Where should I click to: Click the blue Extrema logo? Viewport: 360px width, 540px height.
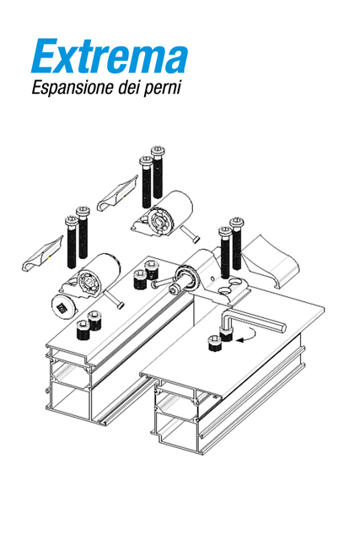coord(110,56)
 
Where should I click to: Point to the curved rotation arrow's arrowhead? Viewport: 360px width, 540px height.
coord(239,340)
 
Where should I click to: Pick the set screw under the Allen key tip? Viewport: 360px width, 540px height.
coord(226,334)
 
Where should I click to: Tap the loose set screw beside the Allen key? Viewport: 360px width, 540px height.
coord(214,344)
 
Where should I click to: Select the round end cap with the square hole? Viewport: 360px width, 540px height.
coord(63,307)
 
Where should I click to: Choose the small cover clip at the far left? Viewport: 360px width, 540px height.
coord(43,254)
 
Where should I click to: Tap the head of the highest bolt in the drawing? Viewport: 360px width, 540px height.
coord(157,151)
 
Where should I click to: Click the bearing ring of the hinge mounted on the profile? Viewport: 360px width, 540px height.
coord(186,278)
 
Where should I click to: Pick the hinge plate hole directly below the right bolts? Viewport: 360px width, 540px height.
coord(235,281)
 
